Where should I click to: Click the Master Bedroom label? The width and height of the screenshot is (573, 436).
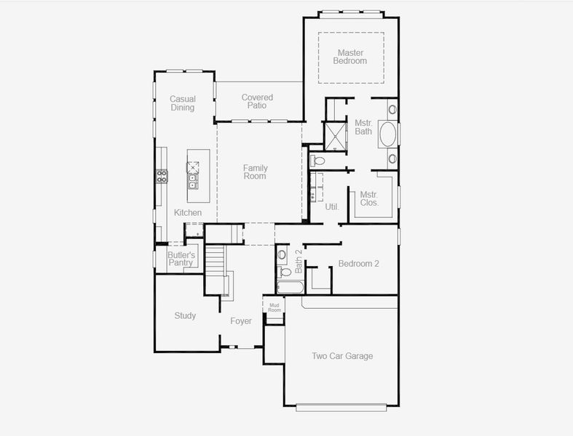coord(349,57)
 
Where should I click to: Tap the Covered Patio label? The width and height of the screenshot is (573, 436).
coord(257,102)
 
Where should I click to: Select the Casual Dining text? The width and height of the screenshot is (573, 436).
coord(182,103)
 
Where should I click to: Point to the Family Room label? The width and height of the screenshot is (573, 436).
coord(255,171)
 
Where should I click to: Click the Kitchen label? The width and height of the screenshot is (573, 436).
coord(187,212)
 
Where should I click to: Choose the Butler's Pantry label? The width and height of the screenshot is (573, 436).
coord(181,259)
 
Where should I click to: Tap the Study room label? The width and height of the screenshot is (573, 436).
coord(185,315)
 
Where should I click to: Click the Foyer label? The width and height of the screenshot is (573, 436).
coord(241,320)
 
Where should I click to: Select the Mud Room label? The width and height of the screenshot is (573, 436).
coord(274,307)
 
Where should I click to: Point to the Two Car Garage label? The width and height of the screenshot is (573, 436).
coord(342,356)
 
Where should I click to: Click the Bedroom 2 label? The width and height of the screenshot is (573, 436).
coord(358,264)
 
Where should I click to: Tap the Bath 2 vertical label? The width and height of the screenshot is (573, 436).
coord(299,261)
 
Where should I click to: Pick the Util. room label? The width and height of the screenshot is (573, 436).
coord(332,207)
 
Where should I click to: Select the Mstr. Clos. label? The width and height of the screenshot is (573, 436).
coord(369,198)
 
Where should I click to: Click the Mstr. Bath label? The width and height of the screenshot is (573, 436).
coord(363,127)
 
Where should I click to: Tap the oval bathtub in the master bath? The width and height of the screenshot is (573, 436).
coord(388,135)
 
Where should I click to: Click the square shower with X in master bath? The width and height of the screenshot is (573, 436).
coord(336,135)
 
